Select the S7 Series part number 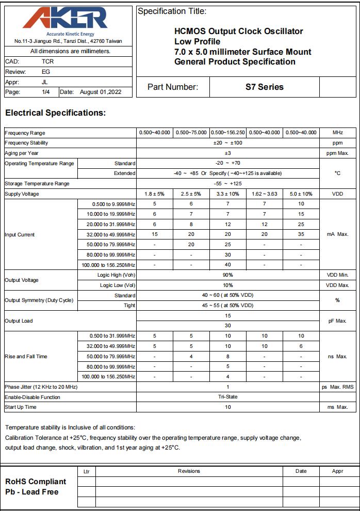click(x=264, y=87)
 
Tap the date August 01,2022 click(x=101, y=92)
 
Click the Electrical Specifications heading click(x=55, y=113)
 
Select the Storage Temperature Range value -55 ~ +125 click(x=227, y=184)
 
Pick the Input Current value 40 click(x=227, y=265)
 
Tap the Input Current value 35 click(x=301, y=234)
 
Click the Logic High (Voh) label click(x=116, y=275)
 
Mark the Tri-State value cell click(x=227, y=397)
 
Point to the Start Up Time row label click(x=21, y=407)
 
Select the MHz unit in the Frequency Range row click(x=338, y=133)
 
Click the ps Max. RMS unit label click(x=338, y=387)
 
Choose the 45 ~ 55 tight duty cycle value click(x=227, y=306)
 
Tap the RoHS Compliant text click(x=36, y=482)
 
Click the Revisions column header click(x=189, y=471)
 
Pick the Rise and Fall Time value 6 click(x=301, y=346)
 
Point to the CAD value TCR click(x=47, y=61)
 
